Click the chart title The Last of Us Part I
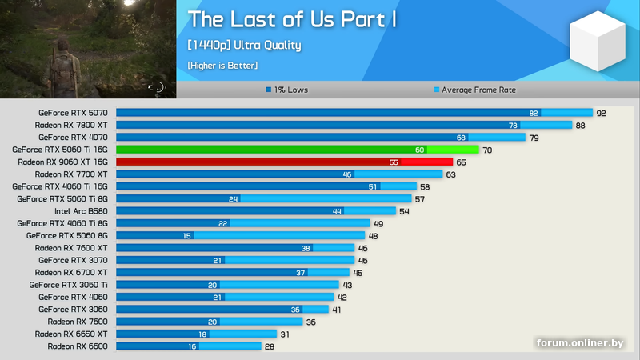(x=292, y=19)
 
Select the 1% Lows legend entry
(x=287, y=90)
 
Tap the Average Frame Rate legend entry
(x=475, y=90)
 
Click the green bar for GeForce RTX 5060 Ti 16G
(x=297, y=150)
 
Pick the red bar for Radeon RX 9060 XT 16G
(x=285, y=162)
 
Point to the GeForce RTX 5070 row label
(x=73, y=113)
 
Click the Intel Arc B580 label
(x=82, y=211)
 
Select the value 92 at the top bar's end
(x=602, y=113)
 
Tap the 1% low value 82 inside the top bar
(x=534, y=113)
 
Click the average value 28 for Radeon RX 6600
(x=270, y=346)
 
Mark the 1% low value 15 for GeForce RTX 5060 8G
(x=187, y=236)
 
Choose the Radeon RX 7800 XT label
(x=71, y=125)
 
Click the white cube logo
(x=598, y=41)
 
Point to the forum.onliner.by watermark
(x=580, y=343)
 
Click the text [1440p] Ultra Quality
(x=244, y=45)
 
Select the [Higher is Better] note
(x=222, y=66)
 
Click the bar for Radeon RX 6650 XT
(x=196, y=334)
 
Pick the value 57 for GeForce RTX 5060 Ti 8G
(x=419, y=199)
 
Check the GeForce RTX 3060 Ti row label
(x=68, y=285)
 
